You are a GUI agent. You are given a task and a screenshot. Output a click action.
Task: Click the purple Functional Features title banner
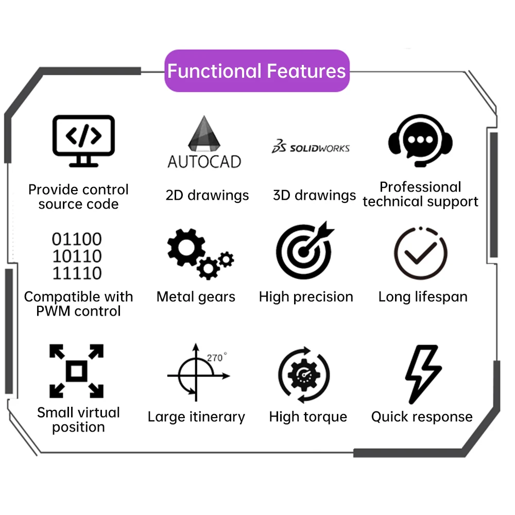(x=256, y=71)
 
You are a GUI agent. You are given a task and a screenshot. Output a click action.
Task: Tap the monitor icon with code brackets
(x=83, y=140)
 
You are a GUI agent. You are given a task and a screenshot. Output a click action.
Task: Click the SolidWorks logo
(x=311, y=148)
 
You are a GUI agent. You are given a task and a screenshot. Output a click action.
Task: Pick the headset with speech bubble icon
(x=420, y=140)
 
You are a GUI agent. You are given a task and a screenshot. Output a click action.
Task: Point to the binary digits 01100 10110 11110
(x=77, y=256)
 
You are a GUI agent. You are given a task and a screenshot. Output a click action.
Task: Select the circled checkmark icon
(x=420, y=253)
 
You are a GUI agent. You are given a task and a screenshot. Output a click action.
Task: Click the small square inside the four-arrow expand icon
(x=76, y=371)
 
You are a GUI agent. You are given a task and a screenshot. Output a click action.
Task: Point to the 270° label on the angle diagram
(x=216, y=357)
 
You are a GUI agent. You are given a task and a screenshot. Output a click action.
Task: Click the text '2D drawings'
(x=207, y=196)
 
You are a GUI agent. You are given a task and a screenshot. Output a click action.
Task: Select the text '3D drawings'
(x=314, y=196)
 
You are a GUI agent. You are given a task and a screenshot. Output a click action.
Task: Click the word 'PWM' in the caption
(x=53, y=311)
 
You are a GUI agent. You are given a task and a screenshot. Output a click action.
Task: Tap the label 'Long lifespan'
(x=423, y=297)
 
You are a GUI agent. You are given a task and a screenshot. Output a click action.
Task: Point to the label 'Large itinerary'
(x=196, y=417)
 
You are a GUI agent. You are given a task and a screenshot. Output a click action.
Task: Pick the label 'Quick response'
(x=422, y=417)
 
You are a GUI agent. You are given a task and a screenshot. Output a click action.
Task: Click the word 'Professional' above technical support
(x=420, y=187)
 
